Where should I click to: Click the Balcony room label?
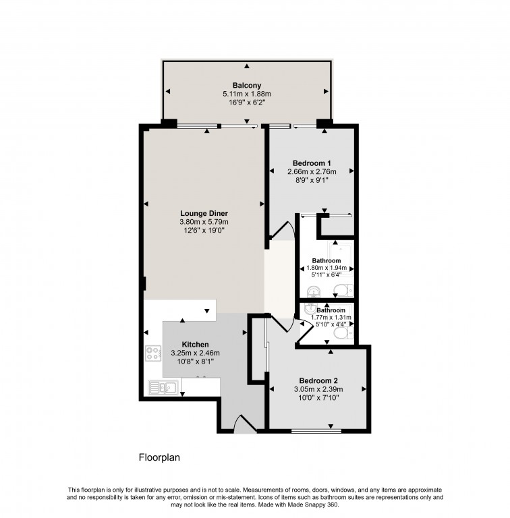(x=247, y=86)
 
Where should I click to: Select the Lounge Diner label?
(x=204, y=213)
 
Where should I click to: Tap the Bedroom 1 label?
(x=312, y=163)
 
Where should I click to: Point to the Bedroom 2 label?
(x=318, y=380)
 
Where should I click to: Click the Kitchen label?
(x=195, y=345)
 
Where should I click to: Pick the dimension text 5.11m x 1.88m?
(x=247, y=94)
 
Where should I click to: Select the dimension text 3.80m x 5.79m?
(x=204, y=222)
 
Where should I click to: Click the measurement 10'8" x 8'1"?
(x=196, y=362)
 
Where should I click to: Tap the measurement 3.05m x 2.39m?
(x=318, y=389)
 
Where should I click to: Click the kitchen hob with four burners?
(x=153, y=353)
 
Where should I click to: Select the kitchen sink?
(x=163, y=387)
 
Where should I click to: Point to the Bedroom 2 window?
(x=316, y=431)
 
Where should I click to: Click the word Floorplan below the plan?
(x=159, y=457)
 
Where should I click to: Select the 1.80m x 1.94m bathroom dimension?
(x=327, y=268)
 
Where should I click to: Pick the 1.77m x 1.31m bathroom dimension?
(x=331, y=318)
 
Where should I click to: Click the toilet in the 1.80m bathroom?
(x=343, y=291)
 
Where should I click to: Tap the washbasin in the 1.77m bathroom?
(x=310, y=309)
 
